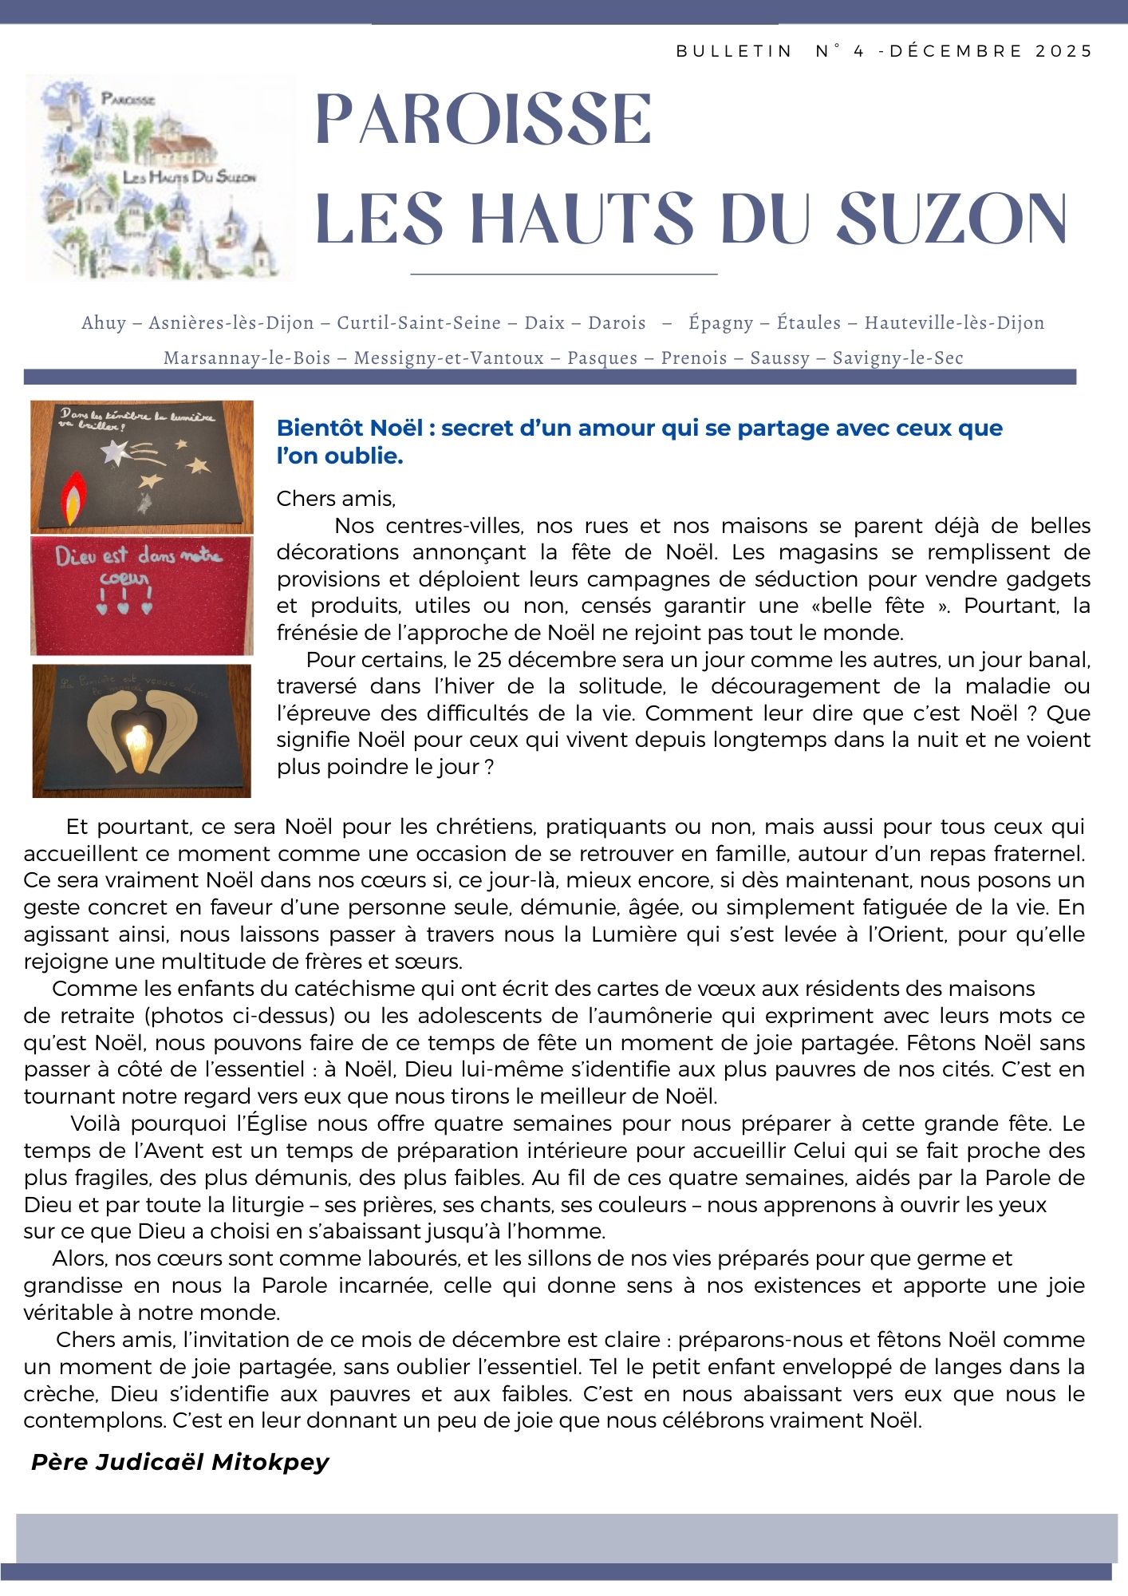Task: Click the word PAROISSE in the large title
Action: coord(483,120)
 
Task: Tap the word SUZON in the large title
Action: coord(952,219)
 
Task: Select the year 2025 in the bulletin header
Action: coord(1064,51)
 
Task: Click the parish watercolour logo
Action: coord(160,177)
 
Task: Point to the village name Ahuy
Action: coord(104,323)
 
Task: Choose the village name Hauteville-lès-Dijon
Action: coord(954,323)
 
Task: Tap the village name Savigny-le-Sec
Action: coord(897,358)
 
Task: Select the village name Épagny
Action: coord(720,323)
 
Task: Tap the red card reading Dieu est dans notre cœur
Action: coord(142,595)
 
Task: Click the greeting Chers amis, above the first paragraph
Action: coord(336,500)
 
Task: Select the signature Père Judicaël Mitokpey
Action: coord(179,1462)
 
